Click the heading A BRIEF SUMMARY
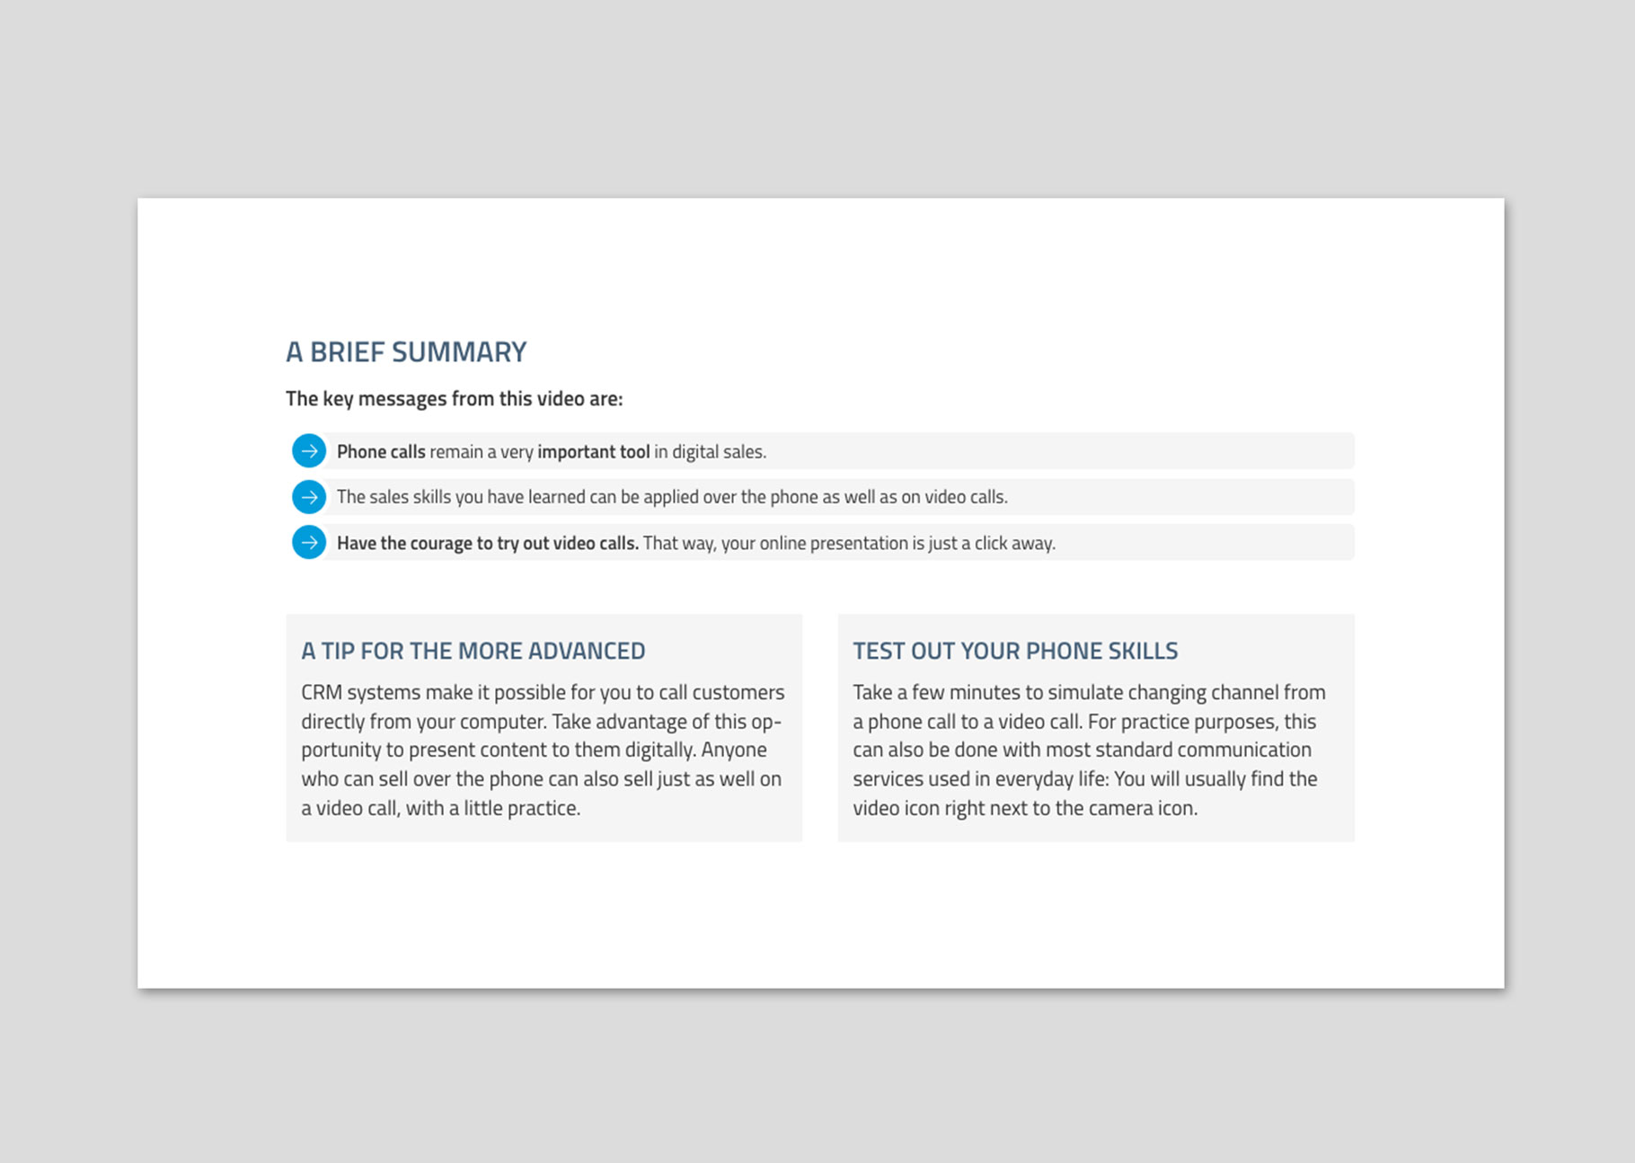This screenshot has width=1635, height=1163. (406, 351)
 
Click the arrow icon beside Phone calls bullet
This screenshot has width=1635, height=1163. (309, 451)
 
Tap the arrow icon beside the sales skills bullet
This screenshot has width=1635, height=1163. (309, 497)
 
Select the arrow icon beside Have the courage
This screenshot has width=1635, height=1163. (309, 543)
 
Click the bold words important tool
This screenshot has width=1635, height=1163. (593, 452)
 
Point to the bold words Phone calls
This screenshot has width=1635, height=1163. (381, 452)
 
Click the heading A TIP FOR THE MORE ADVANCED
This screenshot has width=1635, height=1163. (473, 651)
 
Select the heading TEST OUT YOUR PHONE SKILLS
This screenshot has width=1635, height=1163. (1015, 651)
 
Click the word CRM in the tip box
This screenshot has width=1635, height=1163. (321, 693)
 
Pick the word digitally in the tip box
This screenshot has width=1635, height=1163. (655, 750)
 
